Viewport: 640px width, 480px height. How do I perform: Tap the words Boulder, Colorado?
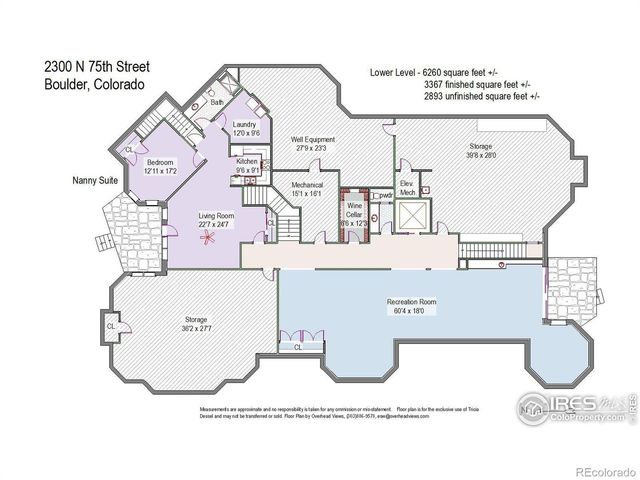(x=93, y=85)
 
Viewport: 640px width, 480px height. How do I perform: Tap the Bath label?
(x=217, y=103)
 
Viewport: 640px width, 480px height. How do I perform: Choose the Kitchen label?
(x=247, y=165)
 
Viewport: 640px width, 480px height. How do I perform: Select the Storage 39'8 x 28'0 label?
(x=481, y=150)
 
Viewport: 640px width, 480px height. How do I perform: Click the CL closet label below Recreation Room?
(x=298, y=347)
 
